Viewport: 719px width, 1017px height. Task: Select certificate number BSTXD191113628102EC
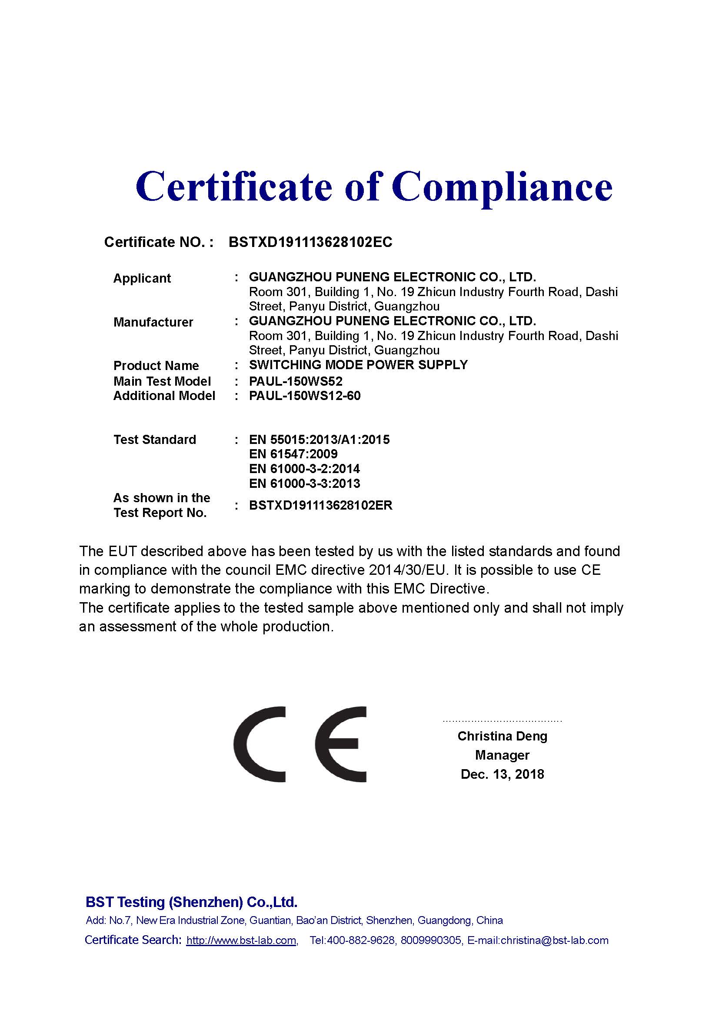coord(310,242)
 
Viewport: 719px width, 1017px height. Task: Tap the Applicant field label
coord(142,278)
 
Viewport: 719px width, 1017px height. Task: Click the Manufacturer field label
coord(153,322)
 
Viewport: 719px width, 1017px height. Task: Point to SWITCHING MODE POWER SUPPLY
coord(358,365)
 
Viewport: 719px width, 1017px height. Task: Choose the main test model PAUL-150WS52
coord(295,381)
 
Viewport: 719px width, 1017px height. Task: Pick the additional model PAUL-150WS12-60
coord(305,396)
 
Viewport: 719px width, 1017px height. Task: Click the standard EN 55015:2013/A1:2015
coord(319,440)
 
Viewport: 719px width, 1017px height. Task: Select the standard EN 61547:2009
coord(293,454)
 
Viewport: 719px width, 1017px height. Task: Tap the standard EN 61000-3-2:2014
coord(304,469)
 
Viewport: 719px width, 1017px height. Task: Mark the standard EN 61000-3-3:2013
coord(304,483)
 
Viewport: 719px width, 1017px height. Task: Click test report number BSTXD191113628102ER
coord(320,505)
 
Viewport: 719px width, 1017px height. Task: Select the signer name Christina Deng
coord(502,736)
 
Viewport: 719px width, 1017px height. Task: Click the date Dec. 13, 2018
coord(502,774)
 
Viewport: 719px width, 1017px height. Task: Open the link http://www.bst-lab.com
coord(241,940)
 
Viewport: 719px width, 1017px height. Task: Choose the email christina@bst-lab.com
coord(554,940)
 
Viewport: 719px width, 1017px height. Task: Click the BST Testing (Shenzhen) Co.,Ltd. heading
coord(191,902)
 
